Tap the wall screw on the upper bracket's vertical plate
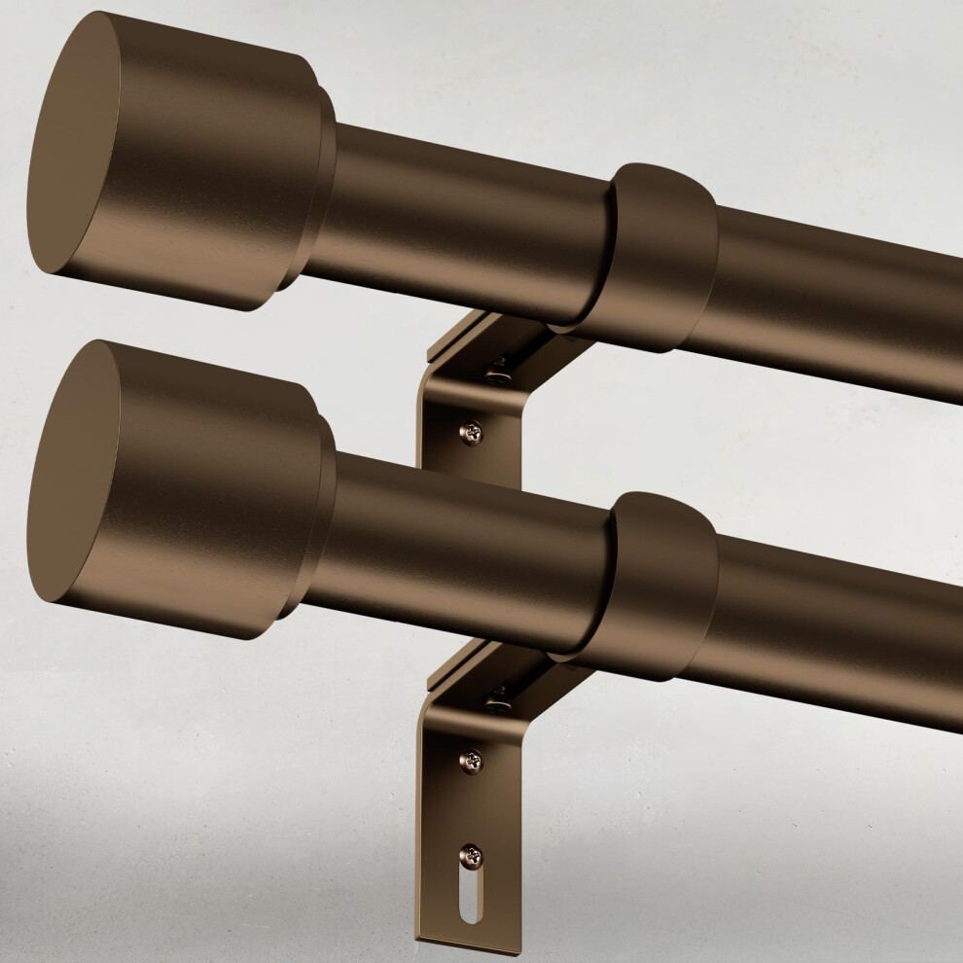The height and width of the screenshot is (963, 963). (471, 431)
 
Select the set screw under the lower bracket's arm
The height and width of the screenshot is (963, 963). (499, 696)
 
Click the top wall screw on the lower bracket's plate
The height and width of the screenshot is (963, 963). (471, 761)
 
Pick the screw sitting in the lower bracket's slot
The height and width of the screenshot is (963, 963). (471, 855)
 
